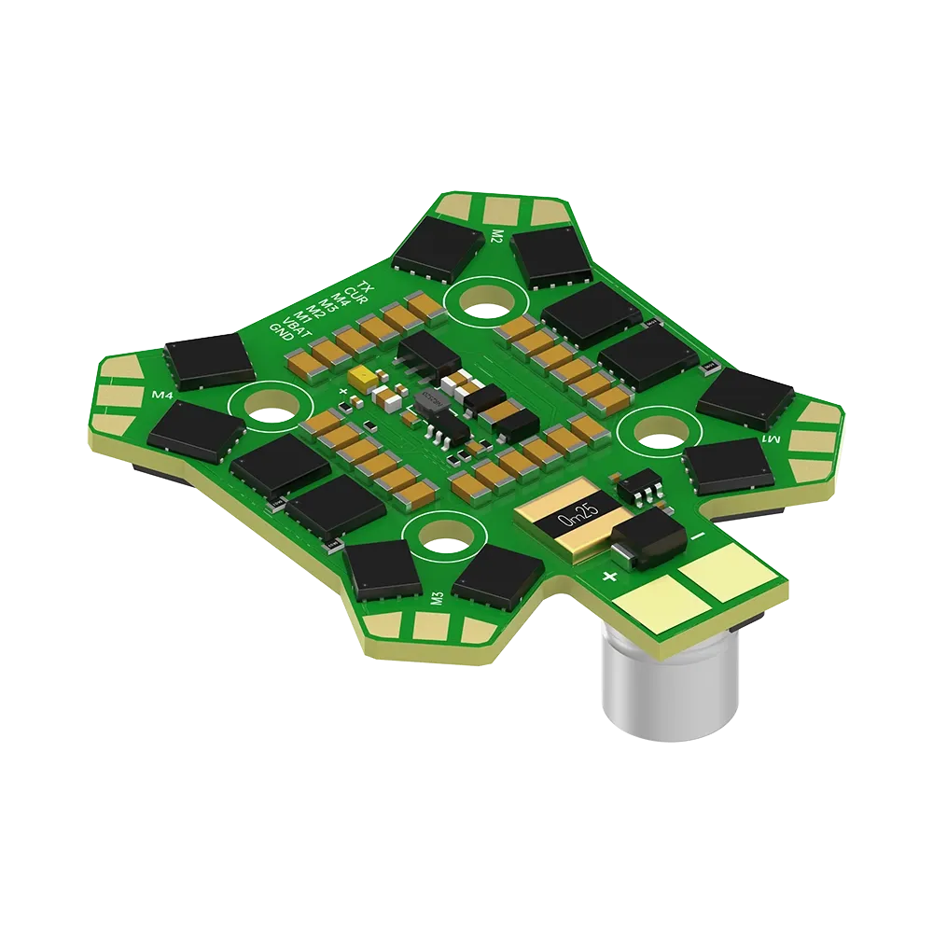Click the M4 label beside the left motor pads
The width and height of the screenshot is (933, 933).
163,395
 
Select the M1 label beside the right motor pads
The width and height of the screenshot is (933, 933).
771,439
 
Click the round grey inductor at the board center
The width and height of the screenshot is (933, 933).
429,403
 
